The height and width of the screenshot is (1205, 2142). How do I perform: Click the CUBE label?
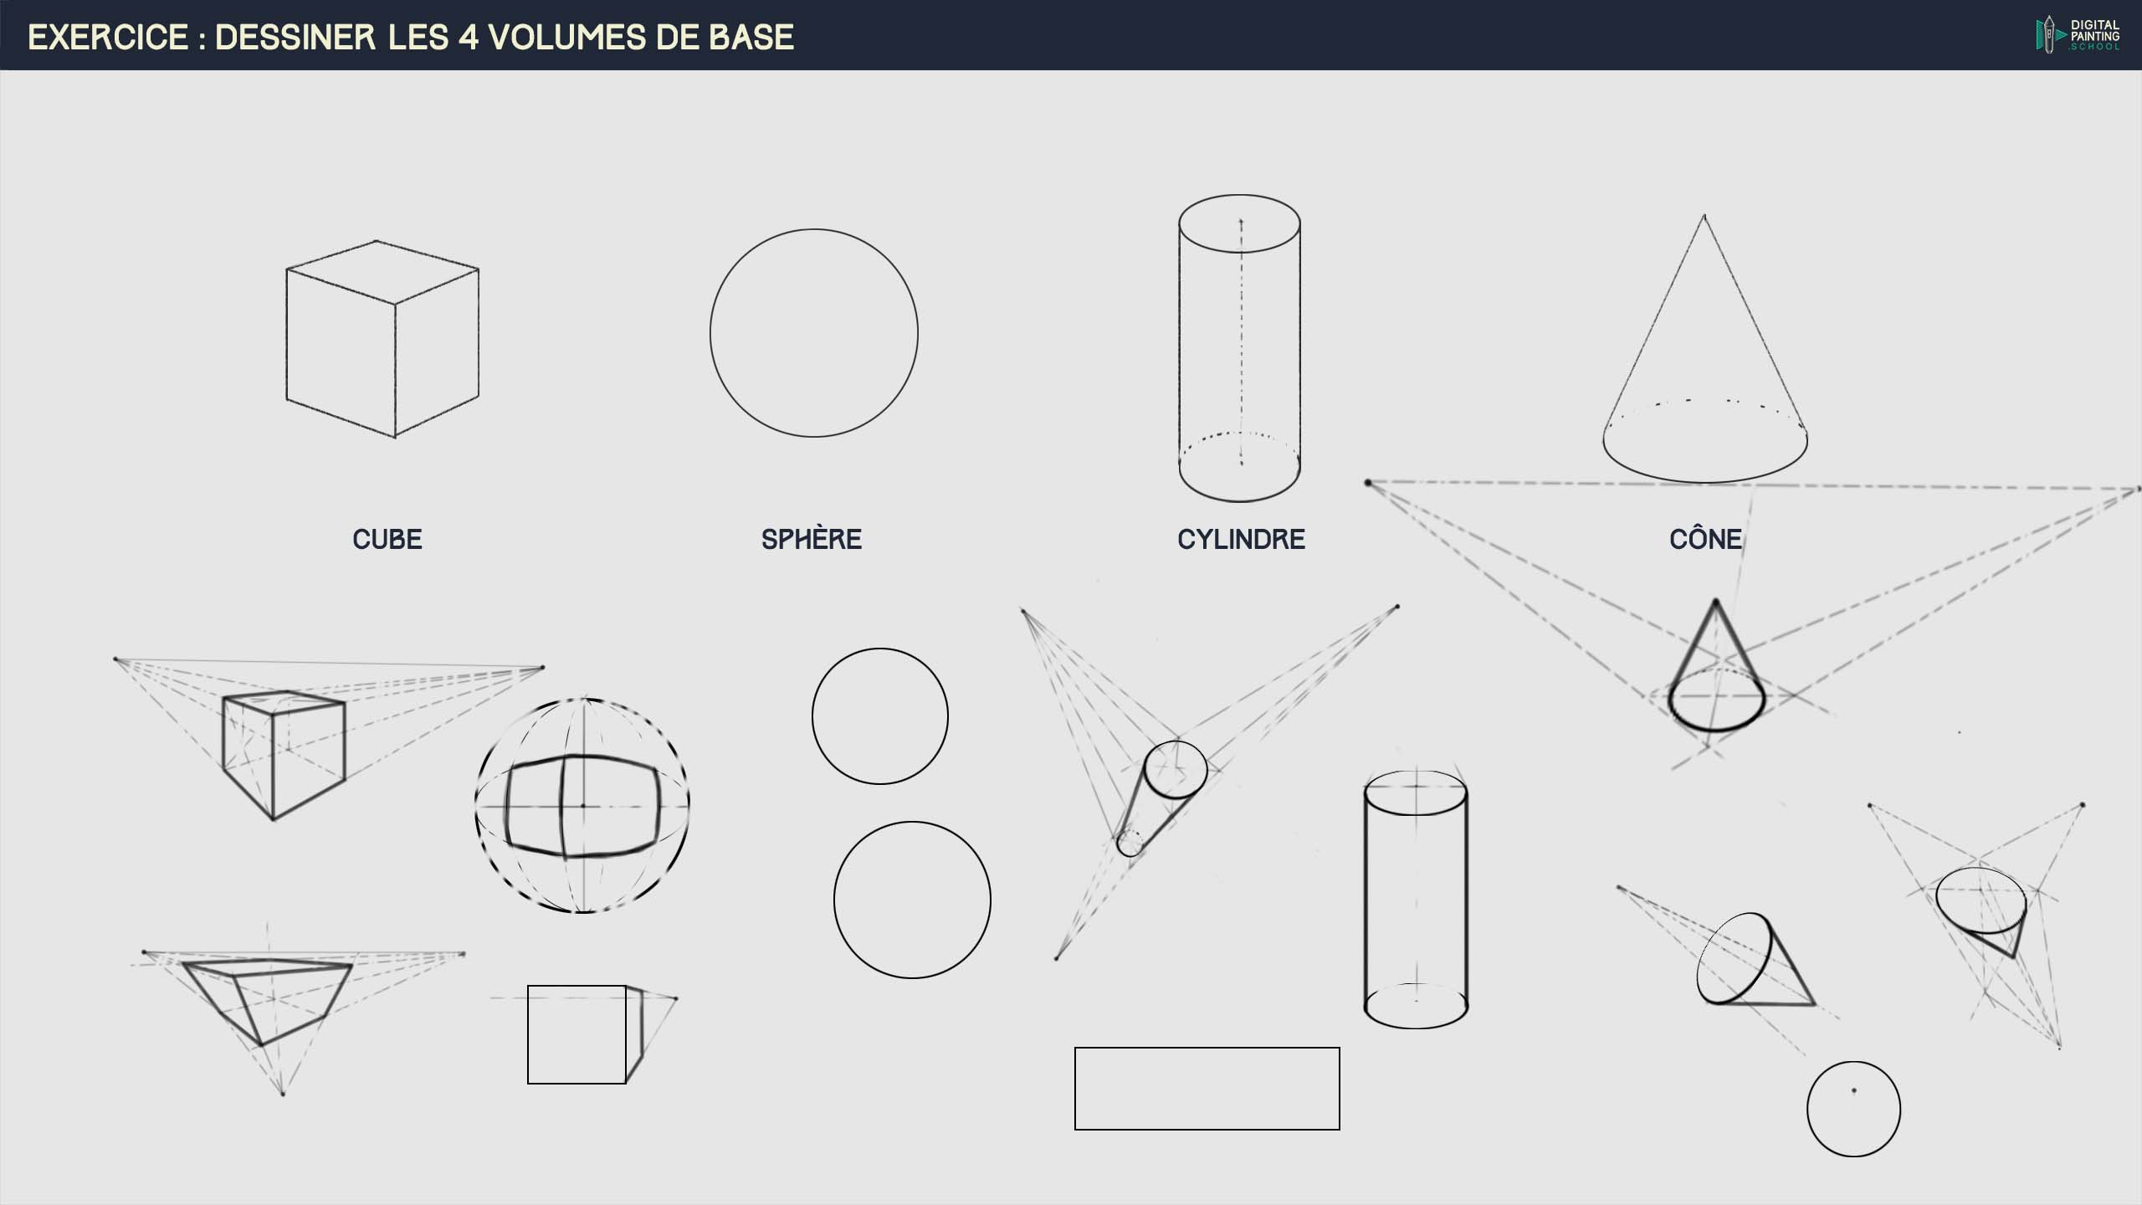(387, 539)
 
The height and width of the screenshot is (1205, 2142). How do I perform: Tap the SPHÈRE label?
(812, 539)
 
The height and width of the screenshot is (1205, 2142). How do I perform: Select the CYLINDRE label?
(1241, 539)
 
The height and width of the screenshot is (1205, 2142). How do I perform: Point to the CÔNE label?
(1706, 538)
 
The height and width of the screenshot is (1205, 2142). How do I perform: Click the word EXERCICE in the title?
(109, 37)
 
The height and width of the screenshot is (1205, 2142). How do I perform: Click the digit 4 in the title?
(468, 37)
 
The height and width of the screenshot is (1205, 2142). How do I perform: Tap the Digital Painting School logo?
(2078, 35)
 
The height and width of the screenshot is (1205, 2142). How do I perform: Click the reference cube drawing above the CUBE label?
(382, 339)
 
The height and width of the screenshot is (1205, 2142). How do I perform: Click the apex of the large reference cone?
(1704, 215)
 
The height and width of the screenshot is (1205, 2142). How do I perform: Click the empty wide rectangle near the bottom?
(1207, 1048)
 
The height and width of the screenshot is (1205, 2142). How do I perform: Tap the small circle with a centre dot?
(1853, 1063)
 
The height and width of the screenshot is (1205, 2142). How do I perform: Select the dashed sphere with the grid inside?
(582, 700)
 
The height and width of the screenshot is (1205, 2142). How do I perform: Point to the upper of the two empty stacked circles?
(880, 649)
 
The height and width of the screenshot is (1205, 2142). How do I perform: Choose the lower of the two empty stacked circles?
(912, 823)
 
